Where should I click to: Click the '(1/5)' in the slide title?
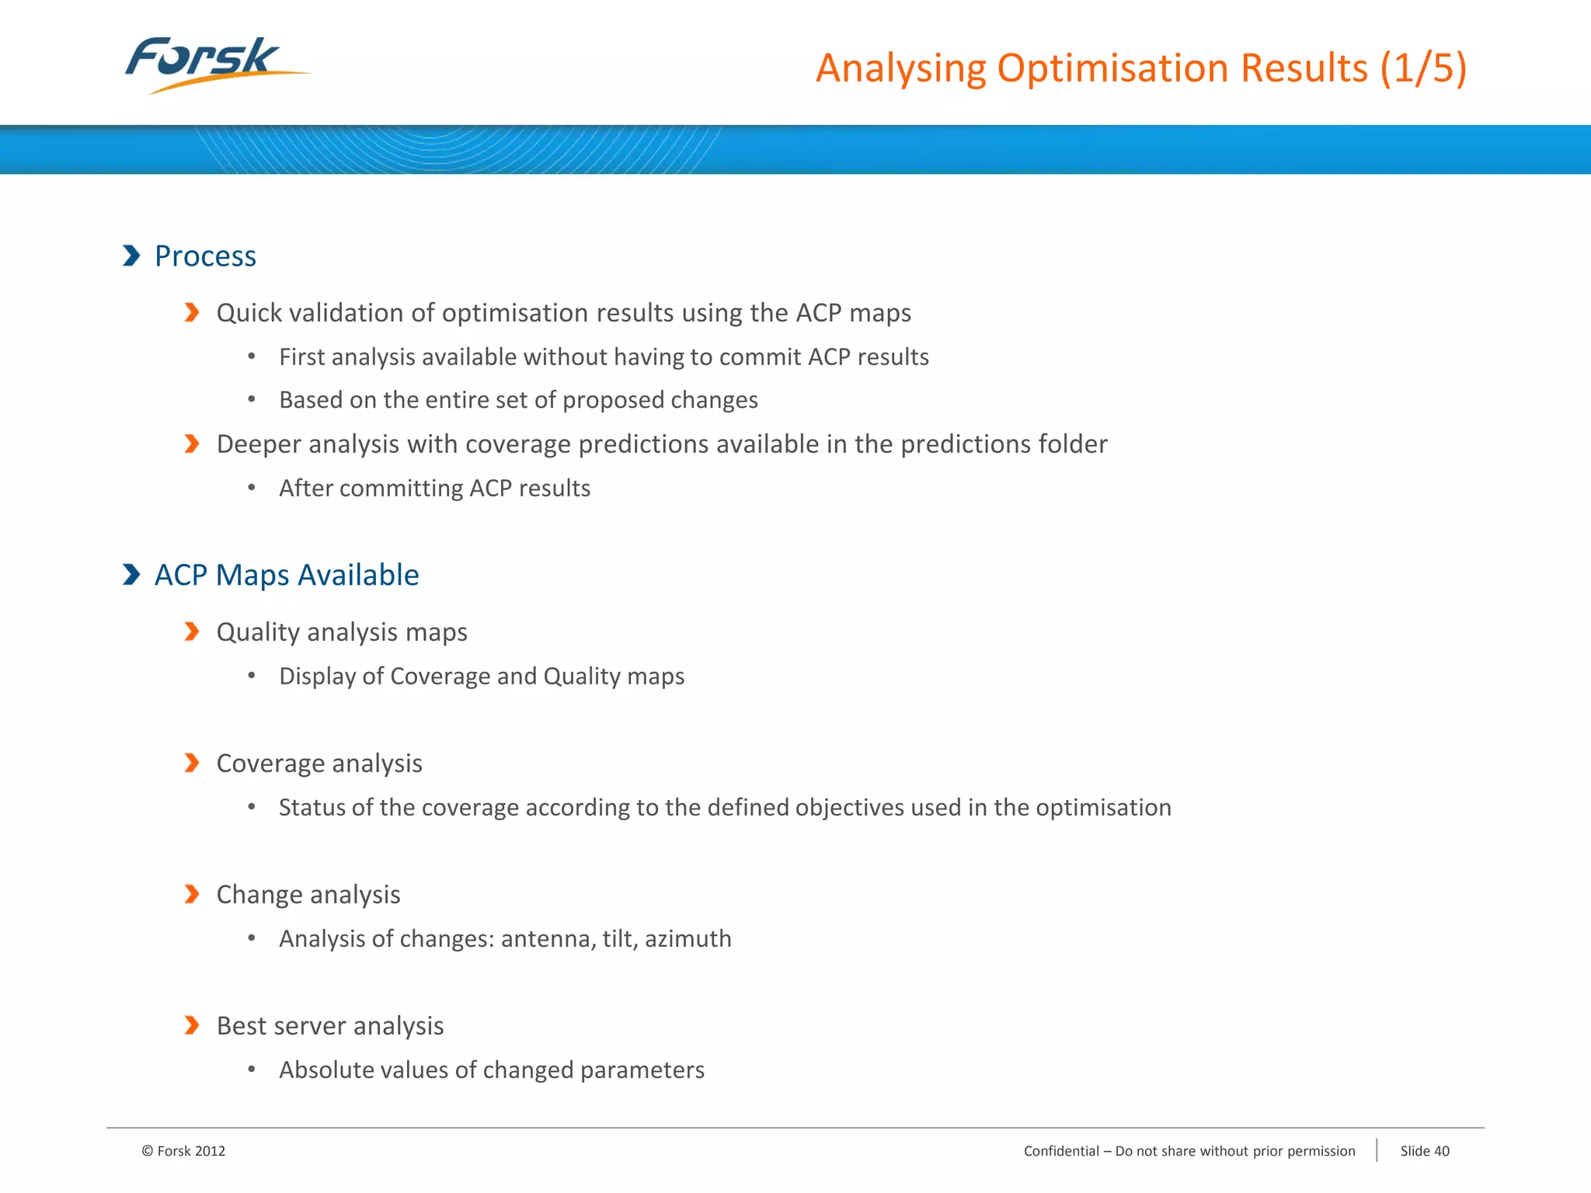click(x=1423, y=68)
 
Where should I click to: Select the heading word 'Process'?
click(x=205, y=256)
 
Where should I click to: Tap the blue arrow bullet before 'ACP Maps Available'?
click(x=131, y=575)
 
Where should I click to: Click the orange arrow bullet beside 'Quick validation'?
click(x=192, y=312)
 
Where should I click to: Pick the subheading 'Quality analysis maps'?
click(x=342, y=632)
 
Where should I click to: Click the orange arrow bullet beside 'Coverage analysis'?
click(x=192, y=763)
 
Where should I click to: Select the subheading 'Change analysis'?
click(x=308, y=895)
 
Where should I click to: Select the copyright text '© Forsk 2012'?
click(x=183, y=1151)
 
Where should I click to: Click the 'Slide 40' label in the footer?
click(x=1425, y=1151)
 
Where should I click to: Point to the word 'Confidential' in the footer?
click(x=1061, y=1151)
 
